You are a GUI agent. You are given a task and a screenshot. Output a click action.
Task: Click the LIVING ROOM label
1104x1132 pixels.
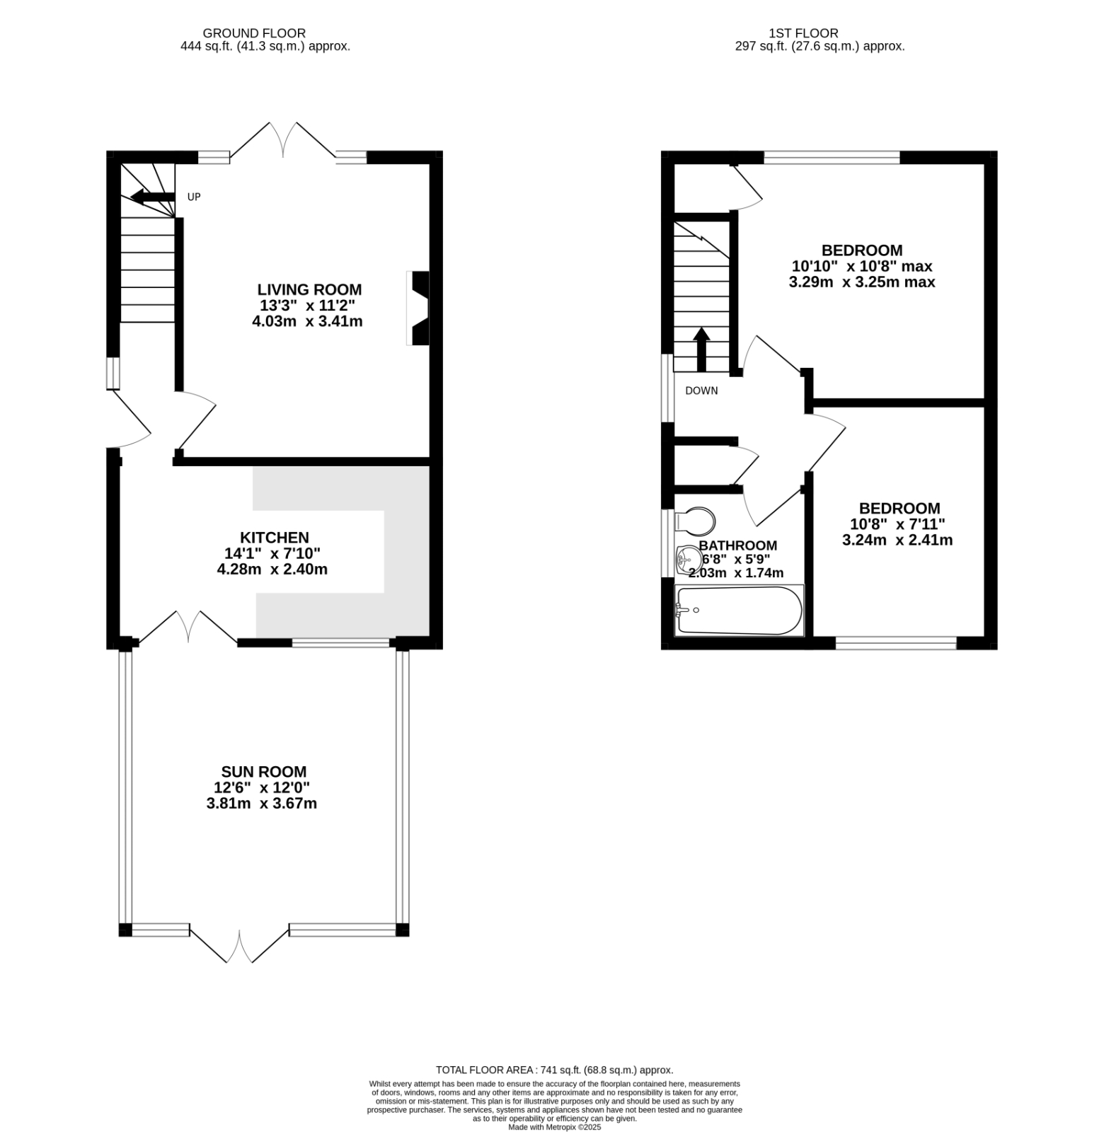click(x=309, y=289)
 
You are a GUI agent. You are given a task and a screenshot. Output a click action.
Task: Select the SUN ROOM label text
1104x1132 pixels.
click(x=263, y=772)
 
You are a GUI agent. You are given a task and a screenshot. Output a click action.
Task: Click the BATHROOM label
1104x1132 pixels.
click(x=737, y=545)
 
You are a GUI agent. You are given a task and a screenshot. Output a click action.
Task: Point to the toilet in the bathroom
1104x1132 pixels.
click(x=694, y=521)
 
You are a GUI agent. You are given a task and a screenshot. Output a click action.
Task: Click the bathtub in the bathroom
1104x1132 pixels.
click(x=739, y=610)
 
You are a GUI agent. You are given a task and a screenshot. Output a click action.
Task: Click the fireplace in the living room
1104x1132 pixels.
click(x=419, y=308)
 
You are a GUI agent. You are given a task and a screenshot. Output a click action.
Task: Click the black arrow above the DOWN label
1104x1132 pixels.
click(x=701, y=349)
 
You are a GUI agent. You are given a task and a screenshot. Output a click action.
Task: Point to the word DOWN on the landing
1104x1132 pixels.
click(x=701, y=391)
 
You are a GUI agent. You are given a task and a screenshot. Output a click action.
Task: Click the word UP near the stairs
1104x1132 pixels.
click(x=194, y=197)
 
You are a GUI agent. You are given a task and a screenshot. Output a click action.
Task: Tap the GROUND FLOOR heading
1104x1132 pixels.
click(x=254, y=33)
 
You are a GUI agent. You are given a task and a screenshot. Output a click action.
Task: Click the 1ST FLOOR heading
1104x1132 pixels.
click(x=803, y=33)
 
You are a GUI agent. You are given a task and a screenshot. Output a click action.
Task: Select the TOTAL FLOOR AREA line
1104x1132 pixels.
click(x=554, y=1070)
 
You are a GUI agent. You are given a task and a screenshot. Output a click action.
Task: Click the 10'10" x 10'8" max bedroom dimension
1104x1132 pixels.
click(x=861, y=267)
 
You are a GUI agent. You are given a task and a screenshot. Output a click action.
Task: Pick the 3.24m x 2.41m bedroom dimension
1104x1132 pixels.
click(x=897, y=541)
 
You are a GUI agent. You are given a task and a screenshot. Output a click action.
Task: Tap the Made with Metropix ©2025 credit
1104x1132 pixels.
click(x=554, y=1127)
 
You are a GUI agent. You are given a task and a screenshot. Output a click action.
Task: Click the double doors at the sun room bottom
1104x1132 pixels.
click(x=239, y=945)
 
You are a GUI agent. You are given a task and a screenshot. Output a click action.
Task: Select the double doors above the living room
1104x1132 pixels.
click(x=283, y=140)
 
